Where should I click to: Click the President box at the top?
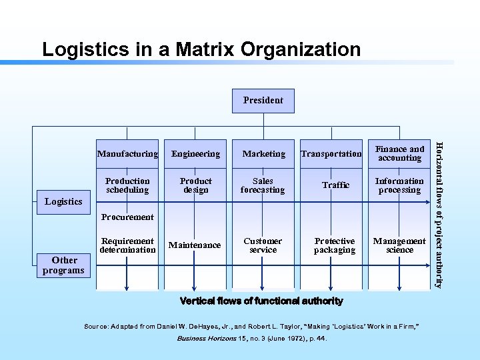(263, 101)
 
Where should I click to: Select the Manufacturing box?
(127, 154)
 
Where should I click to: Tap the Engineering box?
(195, 154)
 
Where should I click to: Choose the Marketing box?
(263, 154)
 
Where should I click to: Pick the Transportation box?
(331, 154)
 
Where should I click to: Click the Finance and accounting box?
(399, 153)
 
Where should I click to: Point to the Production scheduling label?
(127, 185)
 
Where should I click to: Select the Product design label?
(195, 185)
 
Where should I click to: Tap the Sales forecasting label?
(263, 185)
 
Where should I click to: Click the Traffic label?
(335, 185)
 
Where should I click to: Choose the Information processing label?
(399, 185)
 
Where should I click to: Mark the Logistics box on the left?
(63, 201)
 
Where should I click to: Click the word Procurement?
(127, 217)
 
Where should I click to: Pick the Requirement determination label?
(127, 245)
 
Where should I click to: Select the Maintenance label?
(195, 245)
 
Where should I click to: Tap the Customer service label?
(263, 245)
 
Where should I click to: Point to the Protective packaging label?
(335, 245)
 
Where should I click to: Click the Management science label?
(399, 245)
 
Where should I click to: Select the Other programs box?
(63, 265)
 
